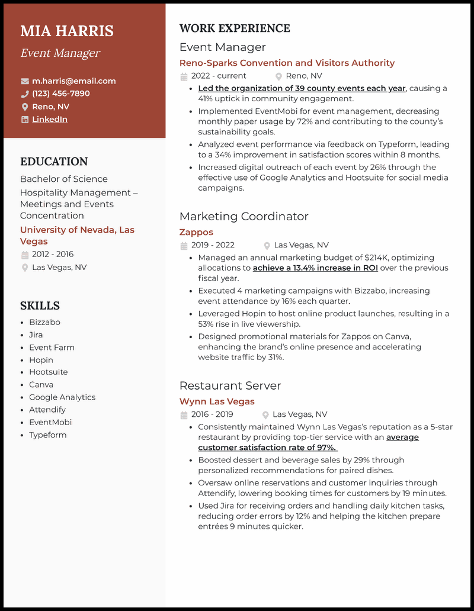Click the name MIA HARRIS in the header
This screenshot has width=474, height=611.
pyautogui.click(x=67, y=31)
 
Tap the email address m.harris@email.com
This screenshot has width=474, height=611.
pyautogui.click(x=74, y=81)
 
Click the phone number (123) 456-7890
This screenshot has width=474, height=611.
pyautogui.click(x=61, y=94)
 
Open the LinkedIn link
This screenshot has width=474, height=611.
pyautogui.click(x=50, y=119)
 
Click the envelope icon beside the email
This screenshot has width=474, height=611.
pyautogui.click(x=25, y=81)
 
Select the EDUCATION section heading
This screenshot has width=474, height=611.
pyautogui.click(x=54, y=162)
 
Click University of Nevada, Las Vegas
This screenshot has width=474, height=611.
pyautogui.click(x=77, y=235)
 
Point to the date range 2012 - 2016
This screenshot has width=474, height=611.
pyautogui.click(x=53, y=254)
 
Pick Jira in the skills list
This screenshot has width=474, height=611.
pyautogui.click(x=36, y=335)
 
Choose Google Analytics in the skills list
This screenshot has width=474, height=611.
pyautogui.click(x=62, y=397)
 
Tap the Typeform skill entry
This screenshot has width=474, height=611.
pyautogui.click(x=48, y=435)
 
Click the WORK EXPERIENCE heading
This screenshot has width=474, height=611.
pyautogui.click(x=235, y=28)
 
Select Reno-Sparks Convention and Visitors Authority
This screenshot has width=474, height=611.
pyautogui.click(x=287, y=63)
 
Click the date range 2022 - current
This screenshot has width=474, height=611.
pyautogui.click(x=219, y=76)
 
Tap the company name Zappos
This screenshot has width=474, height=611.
pyautogui.click(x=196, y=232)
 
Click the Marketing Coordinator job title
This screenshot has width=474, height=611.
pyautogui.click(x=244, y=216)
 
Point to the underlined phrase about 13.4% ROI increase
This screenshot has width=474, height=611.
pyautogui.click(x=315, y=268)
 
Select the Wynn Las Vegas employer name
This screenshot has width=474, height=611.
pyautogui.click(x=217, y=401)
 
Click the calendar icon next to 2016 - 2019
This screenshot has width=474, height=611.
pyautogui.click(x=184, y=415)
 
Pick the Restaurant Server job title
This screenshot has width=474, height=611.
pyautogui.click(x=230, y=385)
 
